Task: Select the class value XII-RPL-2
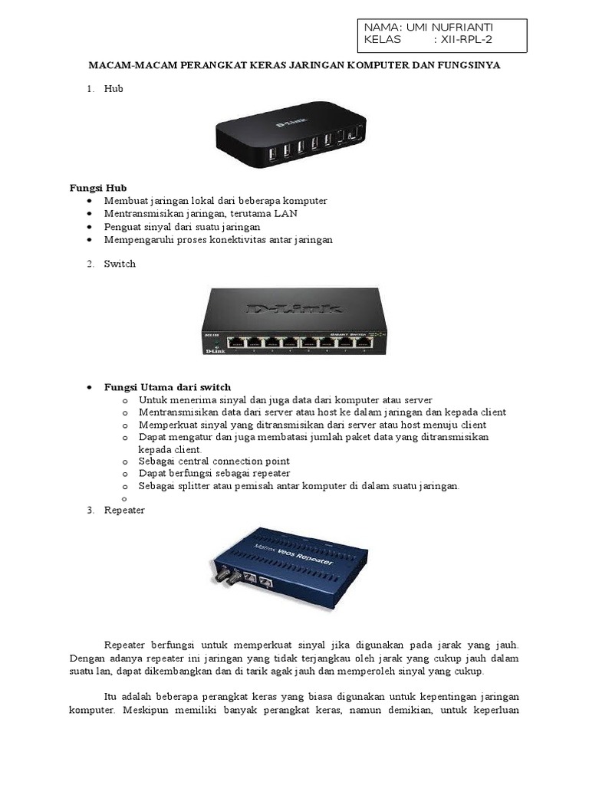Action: coord(466,40)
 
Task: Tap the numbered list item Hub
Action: coord(114,88)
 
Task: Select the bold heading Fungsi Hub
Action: coord(98,188)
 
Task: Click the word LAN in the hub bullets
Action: coord(286,213)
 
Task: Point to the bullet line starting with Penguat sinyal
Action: coord(183,226)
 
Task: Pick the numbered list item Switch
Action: coord(120,264)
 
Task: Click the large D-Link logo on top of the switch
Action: coord(294,309)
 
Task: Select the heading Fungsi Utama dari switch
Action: coord(167,387)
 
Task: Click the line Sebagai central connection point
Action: coord(214,461)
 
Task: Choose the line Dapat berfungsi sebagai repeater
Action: coord(214,474)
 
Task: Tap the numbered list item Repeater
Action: coord(124,509)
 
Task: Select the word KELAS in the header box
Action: coord(383,40)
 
